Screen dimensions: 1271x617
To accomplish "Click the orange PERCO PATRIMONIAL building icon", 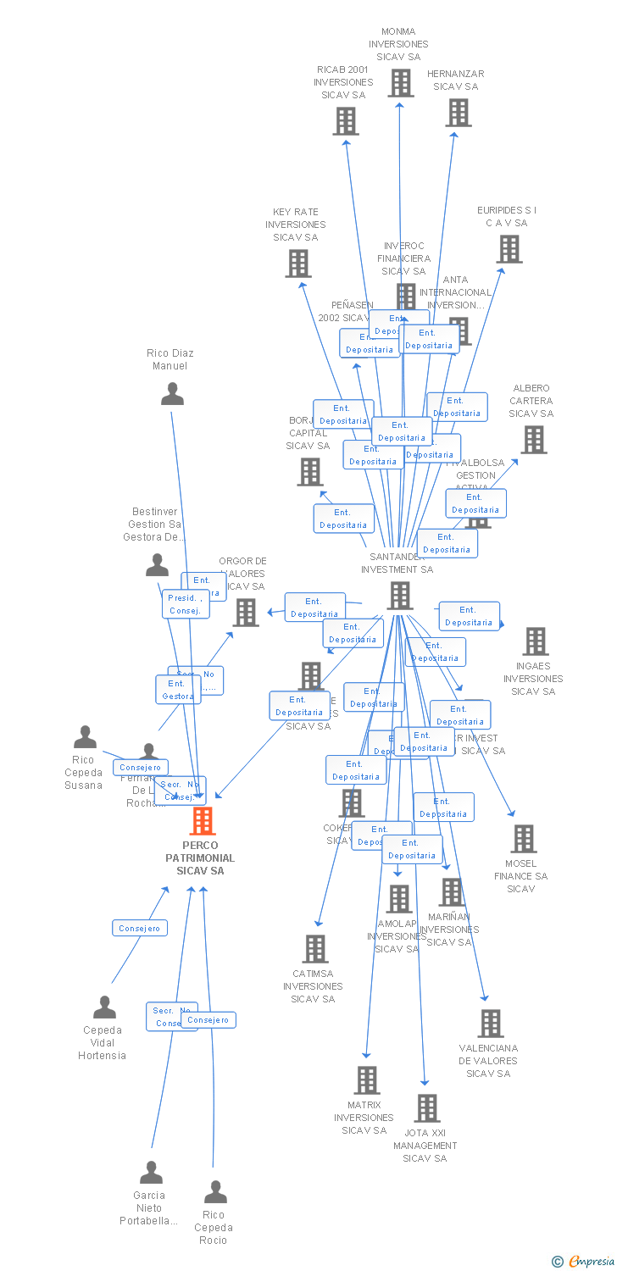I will (x=203, y=821).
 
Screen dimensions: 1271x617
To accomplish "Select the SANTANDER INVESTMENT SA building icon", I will (x=400, y=596).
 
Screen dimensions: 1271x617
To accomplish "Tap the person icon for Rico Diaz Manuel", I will (x=172, y=394).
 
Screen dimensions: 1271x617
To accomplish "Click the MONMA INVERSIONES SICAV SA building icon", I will (x=401, y=83).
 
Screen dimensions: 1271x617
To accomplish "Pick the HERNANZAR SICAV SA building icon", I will (x=459, y=113).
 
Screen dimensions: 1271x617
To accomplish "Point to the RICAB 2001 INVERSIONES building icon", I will (x=346, y=121).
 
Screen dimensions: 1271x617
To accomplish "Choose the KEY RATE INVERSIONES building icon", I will (x=298, y=264).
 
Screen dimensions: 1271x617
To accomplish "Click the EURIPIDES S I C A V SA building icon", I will (x=509, y=249).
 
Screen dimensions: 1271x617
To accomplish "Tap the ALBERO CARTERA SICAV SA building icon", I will (x=534, y=440).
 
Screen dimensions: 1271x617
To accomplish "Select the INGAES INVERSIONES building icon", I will (x=536, y=641).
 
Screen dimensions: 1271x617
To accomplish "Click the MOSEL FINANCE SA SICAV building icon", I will (x=524, y=839).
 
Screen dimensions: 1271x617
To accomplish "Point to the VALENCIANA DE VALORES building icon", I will (x=491, y=1024).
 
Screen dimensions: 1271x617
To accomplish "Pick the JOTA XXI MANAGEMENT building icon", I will (x=427, y=1108).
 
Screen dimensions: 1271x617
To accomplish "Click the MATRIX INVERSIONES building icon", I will (x=367, y=1080).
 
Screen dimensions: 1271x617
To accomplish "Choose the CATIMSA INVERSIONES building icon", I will (x=315, y=949).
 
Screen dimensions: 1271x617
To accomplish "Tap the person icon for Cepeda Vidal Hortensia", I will (x=104, y=1007).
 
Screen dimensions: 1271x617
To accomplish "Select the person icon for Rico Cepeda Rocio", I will (x=215, y=1192).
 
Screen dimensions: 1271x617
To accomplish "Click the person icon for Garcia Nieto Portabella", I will (x=151, y=1173).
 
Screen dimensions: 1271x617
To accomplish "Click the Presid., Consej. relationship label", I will (x=186, y=604).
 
